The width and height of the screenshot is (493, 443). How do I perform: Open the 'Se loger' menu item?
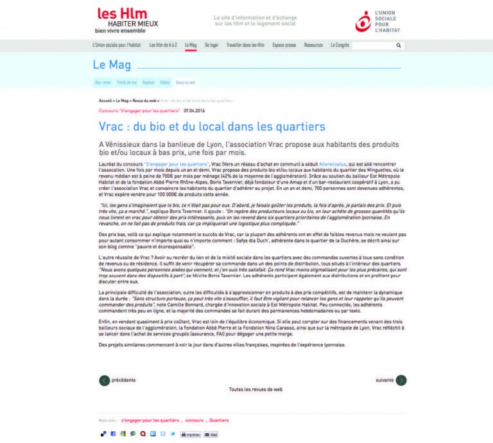tap(211, 46)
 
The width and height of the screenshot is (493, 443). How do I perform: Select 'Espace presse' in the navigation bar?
tap(284, 46)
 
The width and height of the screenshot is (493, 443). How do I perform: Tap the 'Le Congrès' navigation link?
tap(340, 46)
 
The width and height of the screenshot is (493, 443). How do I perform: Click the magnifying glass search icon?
tap(398, 46)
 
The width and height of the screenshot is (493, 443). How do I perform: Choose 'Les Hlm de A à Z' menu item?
tap(162, 46)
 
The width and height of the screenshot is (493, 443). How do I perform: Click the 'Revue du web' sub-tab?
tap(186, 83)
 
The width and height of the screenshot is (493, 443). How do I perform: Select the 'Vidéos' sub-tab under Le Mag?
tap(165, 83)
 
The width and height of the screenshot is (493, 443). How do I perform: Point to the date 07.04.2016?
tap(195, 110)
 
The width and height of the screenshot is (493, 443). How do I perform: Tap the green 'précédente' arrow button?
tap(104, 380)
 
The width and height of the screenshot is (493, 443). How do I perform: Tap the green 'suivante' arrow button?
tap(401, 380)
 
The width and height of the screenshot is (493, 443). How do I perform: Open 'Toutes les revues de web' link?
tap(255, 389)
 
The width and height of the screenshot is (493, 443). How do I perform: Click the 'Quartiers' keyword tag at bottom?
tap(219, 421)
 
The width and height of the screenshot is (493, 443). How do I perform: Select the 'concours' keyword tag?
tap(194, 421)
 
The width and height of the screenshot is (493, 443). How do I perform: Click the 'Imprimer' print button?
tap(191, 434)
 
